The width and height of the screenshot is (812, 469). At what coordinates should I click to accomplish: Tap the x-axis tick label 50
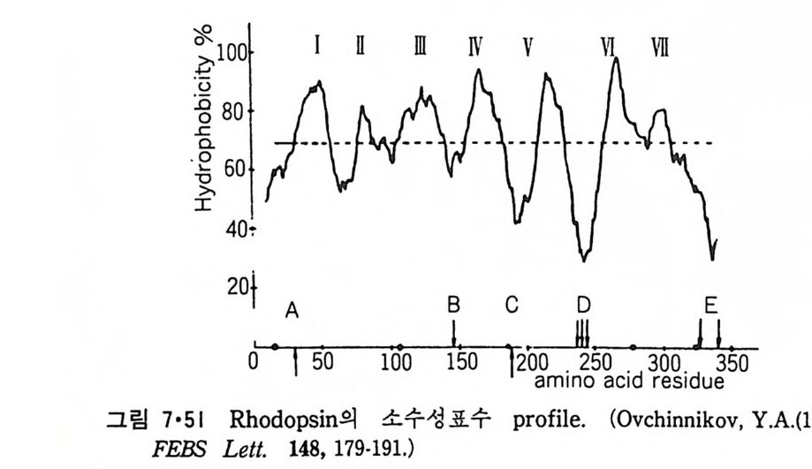(320, 364)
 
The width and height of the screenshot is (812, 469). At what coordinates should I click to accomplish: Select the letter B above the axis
(454, 306)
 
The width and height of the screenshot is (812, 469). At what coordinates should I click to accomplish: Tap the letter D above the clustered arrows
(583, 306)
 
